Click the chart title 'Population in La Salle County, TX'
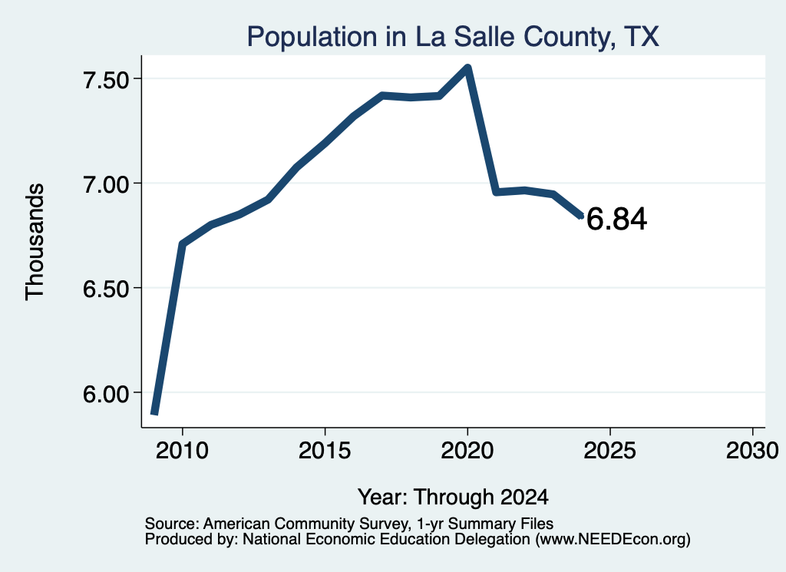coord(453,37)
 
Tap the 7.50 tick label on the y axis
coord(106,80)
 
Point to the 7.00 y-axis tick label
coord(106,184)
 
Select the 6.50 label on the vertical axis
coord(106,289)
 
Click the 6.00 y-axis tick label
coord(106,394)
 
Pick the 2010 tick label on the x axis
coord(182,450)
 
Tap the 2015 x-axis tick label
coord(325,450)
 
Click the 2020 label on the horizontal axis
coord(467,450)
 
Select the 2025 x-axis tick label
coord(610,450)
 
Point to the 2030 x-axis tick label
coord(752,450)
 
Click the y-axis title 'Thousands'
coord(35,242)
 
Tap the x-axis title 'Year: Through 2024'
coord(453,497)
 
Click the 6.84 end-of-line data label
coord(616,219)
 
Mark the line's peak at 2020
coord(467,67)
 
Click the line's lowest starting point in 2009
coord(155,413)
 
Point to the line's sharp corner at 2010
coord(183,243)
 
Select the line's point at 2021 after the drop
coord(497,192)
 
